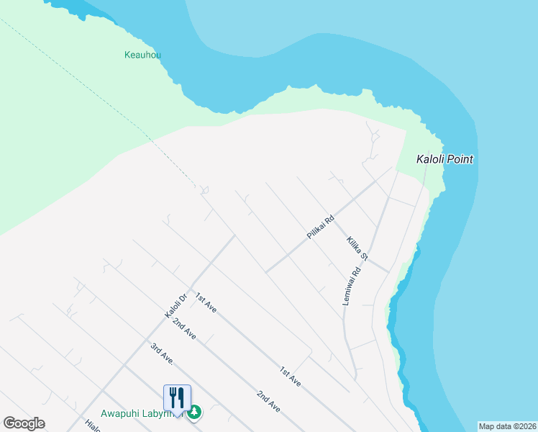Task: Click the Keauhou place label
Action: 142,54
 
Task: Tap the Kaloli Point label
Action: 445,159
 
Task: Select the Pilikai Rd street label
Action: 320,228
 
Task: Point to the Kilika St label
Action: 357,248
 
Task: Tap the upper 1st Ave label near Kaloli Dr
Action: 206,303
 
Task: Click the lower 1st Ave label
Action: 291,377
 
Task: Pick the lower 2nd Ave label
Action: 269,401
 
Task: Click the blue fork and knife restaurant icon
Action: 177,397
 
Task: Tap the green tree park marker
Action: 194,413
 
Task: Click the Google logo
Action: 24,423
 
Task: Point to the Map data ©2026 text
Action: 507,426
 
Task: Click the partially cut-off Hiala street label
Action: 91,426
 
